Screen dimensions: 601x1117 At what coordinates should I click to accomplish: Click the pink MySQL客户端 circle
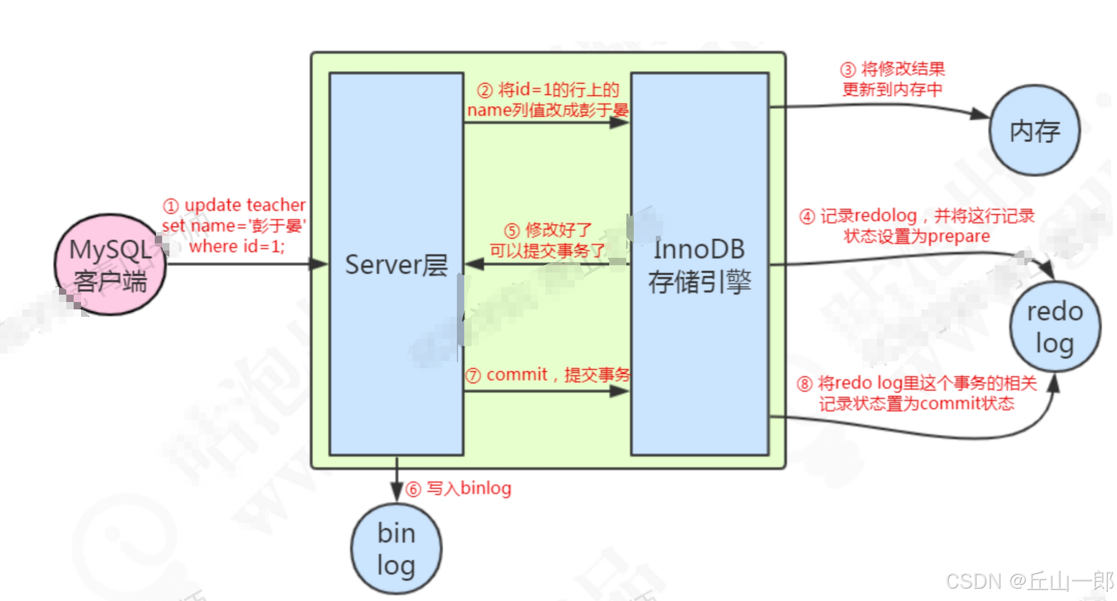pos(111,265)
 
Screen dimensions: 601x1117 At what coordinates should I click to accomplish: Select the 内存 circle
pos(1035,130)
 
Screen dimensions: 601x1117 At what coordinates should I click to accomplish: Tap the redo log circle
pos(1055,327)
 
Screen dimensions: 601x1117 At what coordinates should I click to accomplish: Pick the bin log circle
pos(396,549)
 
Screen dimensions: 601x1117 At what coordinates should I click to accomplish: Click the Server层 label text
pos(396,265)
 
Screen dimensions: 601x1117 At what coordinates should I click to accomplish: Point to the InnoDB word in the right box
pos(699,250)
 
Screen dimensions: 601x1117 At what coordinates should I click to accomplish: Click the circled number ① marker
pos(171,206)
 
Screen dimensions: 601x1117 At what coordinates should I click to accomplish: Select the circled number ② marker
pos(485,91)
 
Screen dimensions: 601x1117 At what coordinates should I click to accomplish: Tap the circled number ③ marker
pos(848,70)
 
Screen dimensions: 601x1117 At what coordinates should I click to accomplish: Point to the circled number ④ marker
pos(807,217)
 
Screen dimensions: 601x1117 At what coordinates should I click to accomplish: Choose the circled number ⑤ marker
pos(512,231)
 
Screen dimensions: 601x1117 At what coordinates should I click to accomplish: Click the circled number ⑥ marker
pos(413,489)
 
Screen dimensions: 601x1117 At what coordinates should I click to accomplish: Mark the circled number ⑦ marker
pos(473,376)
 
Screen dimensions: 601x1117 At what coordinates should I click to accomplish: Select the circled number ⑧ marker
pos(804,384)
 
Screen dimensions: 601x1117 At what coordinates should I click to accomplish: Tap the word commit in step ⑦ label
pos(516,374)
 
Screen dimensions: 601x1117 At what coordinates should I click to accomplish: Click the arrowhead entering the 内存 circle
pos(981,114)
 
